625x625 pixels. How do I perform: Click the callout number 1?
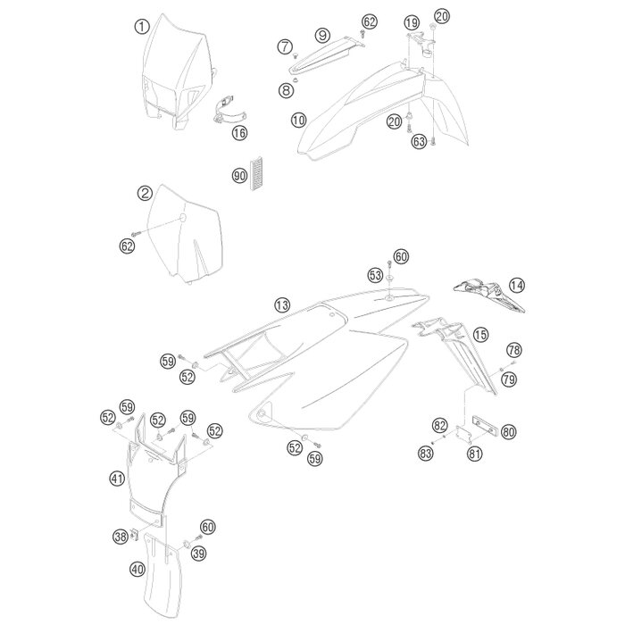[141, 27]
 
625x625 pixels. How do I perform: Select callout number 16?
[239, 132]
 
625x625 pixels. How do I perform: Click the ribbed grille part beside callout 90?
[255, 172]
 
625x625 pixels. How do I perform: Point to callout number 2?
[145, 193]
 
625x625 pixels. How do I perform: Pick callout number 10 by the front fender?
[298, 120]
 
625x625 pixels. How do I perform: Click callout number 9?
[322, 35]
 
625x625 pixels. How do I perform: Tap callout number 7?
[285, 46]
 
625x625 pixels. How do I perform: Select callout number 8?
[286, 90]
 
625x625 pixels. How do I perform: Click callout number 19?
[412, 22]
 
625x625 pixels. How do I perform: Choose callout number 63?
[419, 141]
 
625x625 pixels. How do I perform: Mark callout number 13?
[282, 305]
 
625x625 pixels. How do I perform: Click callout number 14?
[517, 285]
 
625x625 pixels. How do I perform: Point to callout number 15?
[480, 334]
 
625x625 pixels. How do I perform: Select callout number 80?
[509, 431]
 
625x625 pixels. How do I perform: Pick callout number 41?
[117, 479]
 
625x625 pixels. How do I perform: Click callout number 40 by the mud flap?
[137, 570]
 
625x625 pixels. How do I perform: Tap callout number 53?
[375, 275]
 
